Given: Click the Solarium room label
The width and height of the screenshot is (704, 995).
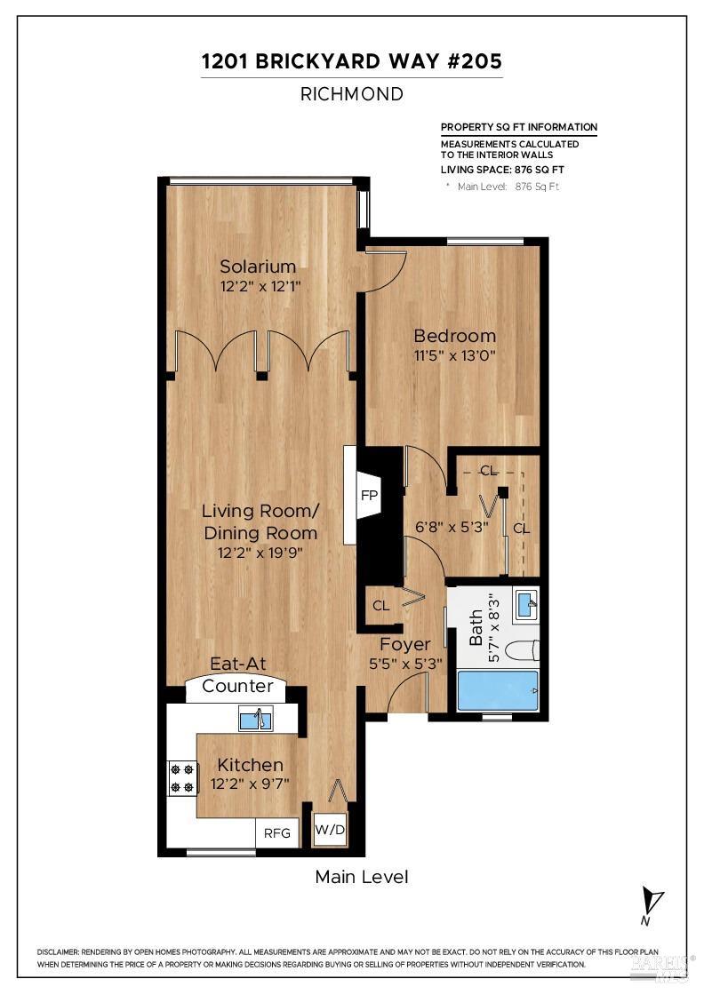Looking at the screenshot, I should [x=258, y=267].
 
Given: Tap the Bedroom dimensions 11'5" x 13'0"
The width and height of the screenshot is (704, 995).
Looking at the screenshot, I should [x=454, y=356].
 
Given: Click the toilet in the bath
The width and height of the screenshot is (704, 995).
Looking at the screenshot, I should [x=525, y=649].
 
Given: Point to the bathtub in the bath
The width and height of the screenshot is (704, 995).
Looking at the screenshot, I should [x=498, y=691].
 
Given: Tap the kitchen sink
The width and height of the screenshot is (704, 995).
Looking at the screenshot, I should [x=256, y=719].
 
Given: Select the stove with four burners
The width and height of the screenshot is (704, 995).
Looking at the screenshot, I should [x=181, y=778].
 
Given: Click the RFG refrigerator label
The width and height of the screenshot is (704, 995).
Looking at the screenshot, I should [x=277, y=833].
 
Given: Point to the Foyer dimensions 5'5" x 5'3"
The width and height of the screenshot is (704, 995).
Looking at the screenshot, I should [x=405, y=662].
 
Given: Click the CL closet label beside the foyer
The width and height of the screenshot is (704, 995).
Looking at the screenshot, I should [x=380, y=606].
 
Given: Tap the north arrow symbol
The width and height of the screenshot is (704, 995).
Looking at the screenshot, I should [x=653, y=902].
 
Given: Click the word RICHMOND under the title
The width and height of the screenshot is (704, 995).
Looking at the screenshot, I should [x=351, y=93].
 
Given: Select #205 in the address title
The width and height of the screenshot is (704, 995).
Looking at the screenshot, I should [x=474, y=61].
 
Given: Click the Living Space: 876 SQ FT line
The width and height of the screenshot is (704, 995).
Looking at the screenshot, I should [x=502, y=170].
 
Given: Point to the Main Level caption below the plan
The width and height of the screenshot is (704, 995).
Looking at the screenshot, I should [x=362, y=877].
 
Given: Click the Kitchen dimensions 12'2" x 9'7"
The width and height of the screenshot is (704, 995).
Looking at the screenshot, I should [x=251, y=783].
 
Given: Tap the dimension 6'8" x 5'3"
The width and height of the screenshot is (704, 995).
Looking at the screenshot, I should [x=452, y=527].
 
